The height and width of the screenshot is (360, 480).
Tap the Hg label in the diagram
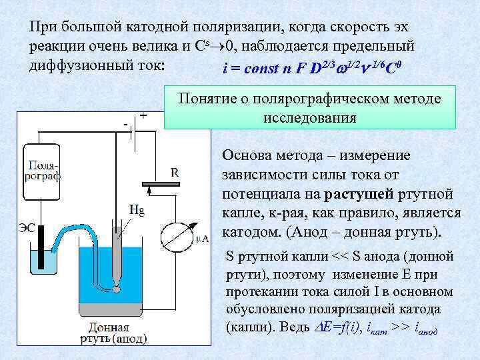[136, 209]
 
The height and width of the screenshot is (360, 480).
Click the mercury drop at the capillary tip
[117, 288]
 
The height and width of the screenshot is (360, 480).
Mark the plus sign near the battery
[143, 115]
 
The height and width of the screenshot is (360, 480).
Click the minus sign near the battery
[125, 124]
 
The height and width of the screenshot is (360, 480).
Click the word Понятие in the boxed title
[207, 99]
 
